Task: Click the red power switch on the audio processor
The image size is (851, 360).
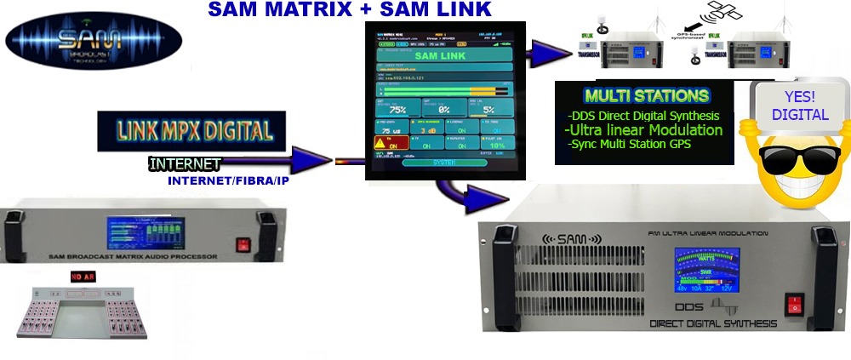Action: [x=242, y=244]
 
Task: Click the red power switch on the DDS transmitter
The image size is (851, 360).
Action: [x=794, y=303]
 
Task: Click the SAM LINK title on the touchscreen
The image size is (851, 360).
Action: [x=441, y=56]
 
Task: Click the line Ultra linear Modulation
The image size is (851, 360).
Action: [x=644, y=130]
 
